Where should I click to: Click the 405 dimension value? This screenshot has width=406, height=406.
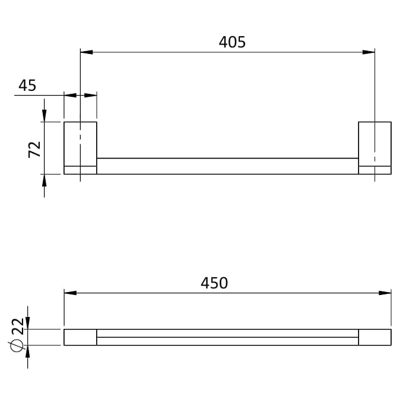232,42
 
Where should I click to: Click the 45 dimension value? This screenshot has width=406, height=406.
27,85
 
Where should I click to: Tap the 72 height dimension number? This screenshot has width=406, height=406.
35,148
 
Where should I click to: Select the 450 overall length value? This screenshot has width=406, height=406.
214,283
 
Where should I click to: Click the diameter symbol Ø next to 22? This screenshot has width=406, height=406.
18,344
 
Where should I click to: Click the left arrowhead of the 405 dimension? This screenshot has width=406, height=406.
86,52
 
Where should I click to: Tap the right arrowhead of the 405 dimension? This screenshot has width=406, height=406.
369,52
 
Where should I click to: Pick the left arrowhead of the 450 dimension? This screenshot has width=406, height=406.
71,293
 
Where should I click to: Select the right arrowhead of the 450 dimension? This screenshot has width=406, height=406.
385,293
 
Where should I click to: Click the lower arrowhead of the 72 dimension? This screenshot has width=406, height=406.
44,180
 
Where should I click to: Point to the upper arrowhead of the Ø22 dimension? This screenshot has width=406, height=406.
27,323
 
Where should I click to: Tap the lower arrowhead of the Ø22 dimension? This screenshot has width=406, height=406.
27,351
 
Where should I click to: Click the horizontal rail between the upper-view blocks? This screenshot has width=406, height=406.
227,166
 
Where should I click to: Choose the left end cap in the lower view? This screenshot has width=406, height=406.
80,337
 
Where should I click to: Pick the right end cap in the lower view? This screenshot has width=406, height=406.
375,337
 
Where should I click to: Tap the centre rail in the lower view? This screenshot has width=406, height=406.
227,337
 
